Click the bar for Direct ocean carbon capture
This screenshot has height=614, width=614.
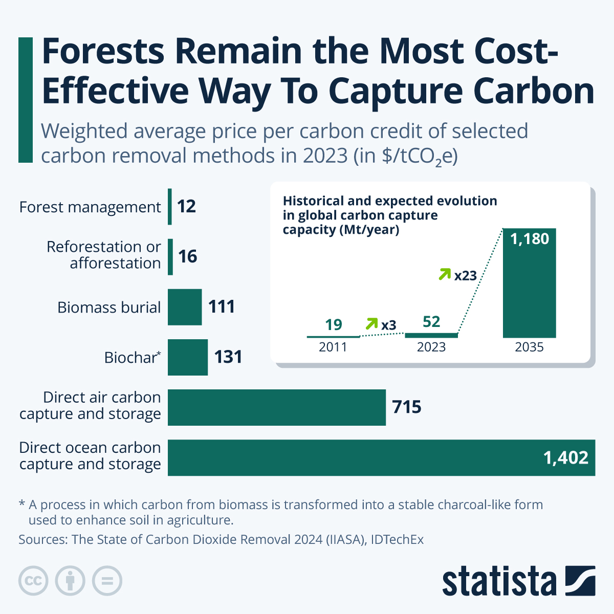point(358,457)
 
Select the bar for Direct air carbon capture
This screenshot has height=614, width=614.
point(276,407)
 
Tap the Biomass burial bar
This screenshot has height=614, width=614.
point(185,307)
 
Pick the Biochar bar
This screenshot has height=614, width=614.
point(188,357)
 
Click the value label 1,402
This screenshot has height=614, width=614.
point(565,457)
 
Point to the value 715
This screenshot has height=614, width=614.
point(407,407)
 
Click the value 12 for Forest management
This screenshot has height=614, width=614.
point(187,207)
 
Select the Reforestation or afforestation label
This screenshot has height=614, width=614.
point(104,255)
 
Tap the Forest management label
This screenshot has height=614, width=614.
point(90,207)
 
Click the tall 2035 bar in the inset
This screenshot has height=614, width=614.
point(529,292)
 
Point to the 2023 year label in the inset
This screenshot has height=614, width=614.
point(431,347)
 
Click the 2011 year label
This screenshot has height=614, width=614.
point(333,347)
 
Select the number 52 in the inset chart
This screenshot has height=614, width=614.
point(431,322)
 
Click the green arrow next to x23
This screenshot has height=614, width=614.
point(445,274)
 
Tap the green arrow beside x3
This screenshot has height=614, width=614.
point(371,323)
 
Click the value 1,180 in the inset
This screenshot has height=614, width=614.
point(529,239)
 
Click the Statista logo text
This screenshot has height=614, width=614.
point(499,581)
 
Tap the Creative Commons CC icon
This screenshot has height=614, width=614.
point(33,581)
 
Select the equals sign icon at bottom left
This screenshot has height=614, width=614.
point(107,581)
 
